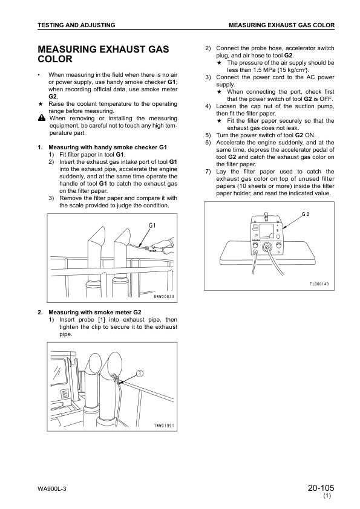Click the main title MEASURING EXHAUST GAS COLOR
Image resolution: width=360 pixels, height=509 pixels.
103,54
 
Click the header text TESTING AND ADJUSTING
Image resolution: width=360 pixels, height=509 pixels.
76,25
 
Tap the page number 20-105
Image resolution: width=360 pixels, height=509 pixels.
321,487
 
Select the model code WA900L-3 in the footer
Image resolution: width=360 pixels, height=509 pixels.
51,488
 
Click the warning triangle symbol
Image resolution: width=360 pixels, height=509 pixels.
41,118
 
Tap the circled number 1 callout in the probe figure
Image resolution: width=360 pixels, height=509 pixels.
140,373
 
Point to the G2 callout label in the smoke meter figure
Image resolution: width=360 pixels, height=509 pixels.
306,215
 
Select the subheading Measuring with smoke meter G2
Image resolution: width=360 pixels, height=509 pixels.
94,312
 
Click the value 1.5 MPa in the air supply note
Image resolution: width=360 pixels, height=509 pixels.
254,70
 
